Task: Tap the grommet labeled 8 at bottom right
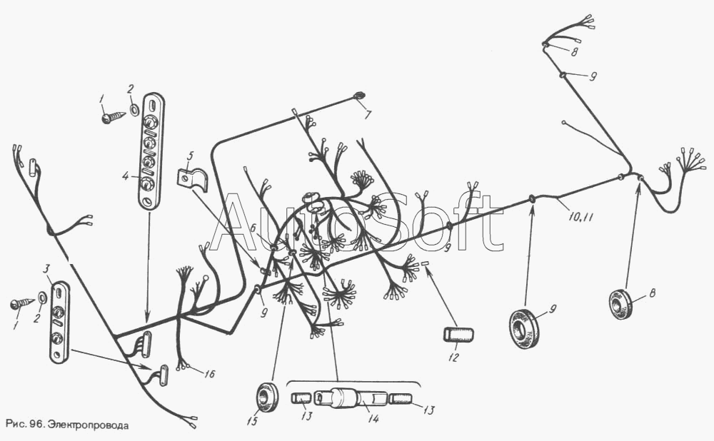(x=620, y=304)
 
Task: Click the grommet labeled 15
(x=268, y=397)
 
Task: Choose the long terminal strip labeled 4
(x=150, y=151)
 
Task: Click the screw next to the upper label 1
(x=112, y=116)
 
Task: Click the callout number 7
(x=367, y=114)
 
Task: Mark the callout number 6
(x=253, y=228)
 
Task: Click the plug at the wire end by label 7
(x=359, y=96)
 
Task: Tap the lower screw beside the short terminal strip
(x=21, y=303)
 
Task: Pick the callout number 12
(x=451, y=357)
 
